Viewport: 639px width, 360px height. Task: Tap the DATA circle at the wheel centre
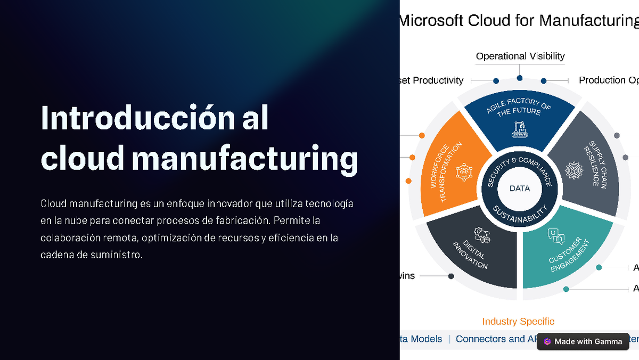tap(519, 189)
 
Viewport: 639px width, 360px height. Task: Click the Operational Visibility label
tap(520, 56)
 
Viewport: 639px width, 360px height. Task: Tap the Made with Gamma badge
tap(583, 342)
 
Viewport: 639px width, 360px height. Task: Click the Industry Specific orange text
tap(518, 322)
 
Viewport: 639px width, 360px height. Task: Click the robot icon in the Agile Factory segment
tap(519, 129)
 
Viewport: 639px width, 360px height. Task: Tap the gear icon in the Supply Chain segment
tap(574, 171)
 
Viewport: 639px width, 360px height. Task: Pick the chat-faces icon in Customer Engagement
tap(555, 236)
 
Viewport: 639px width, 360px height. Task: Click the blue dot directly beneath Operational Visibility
tap(520, 78)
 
